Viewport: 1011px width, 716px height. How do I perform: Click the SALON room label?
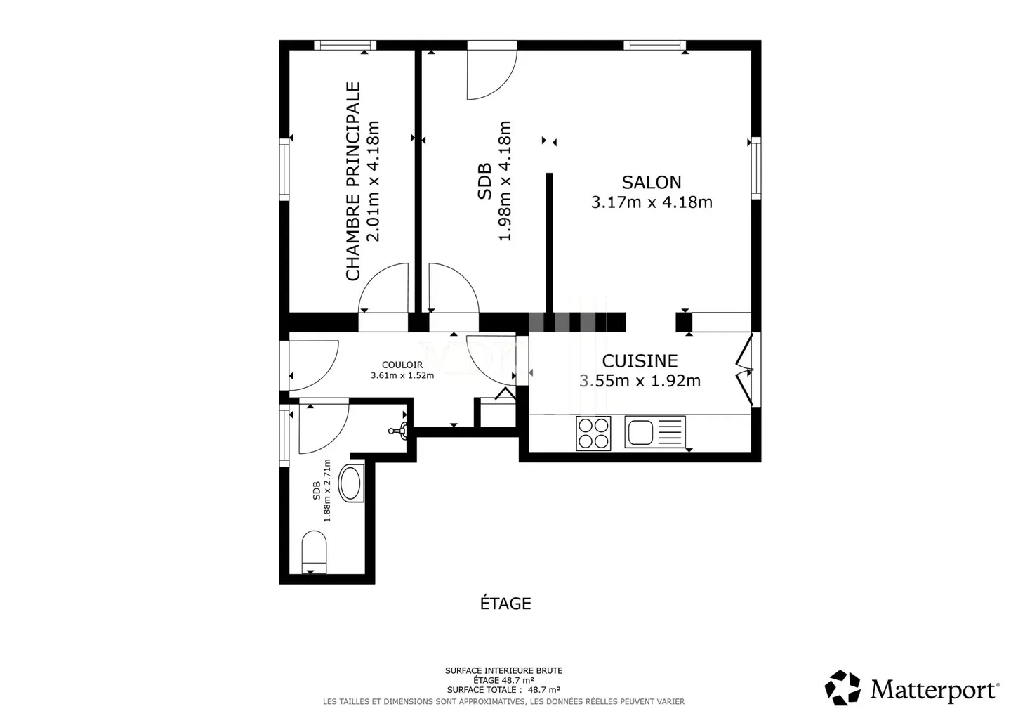[652, 183]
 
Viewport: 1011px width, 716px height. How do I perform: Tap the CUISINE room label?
[640, 361]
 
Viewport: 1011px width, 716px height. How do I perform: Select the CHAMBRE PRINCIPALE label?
[353, 181]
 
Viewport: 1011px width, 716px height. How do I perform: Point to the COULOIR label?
[402, 365]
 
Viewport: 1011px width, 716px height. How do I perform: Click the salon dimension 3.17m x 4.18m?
[652, 202]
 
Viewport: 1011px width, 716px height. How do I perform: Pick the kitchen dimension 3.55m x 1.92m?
[640, 381]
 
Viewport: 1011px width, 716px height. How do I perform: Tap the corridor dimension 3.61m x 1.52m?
[402, 375]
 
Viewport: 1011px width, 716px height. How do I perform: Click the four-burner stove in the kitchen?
[593, 433]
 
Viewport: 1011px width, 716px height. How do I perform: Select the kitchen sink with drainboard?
[654, 432]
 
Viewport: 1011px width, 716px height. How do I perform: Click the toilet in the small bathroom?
[314, 552]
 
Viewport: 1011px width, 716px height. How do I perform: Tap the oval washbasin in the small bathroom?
[350, 483]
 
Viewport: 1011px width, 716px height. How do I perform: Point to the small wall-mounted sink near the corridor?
[400, 431]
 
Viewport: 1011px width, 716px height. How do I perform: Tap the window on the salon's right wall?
[755, 168]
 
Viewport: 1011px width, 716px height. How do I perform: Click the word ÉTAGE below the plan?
[505, 604]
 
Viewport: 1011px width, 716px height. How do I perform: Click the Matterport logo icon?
[842, 687]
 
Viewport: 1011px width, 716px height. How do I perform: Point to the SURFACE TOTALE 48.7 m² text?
[503, 690]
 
